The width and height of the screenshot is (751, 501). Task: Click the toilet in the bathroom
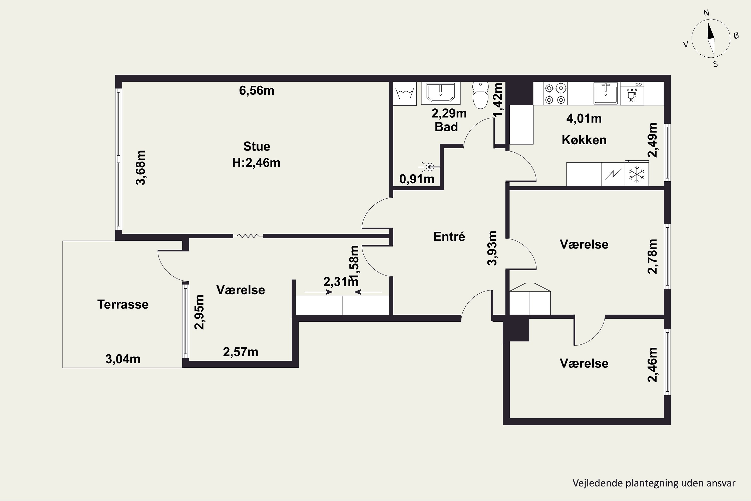point(480,95)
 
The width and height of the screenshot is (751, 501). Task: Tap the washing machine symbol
point(405,94)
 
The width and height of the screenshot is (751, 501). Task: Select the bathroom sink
point(441,93)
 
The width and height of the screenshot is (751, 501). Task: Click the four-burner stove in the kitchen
point(555,93)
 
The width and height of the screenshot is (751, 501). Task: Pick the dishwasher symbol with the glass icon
point(632,93)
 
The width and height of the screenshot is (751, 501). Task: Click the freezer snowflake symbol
point(637,174)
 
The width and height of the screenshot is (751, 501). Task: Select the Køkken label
point(584,140)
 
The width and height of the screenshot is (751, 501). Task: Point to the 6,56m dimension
point(257,90)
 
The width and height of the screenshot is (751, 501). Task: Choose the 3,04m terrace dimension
point(123,359)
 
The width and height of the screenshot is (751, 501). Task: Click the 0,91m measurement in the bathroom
point(417,179)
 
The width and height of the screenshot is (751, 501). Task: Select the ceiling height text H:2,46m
point(256,163)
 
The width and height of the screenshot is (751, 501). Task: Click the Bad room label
point(446,127)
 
